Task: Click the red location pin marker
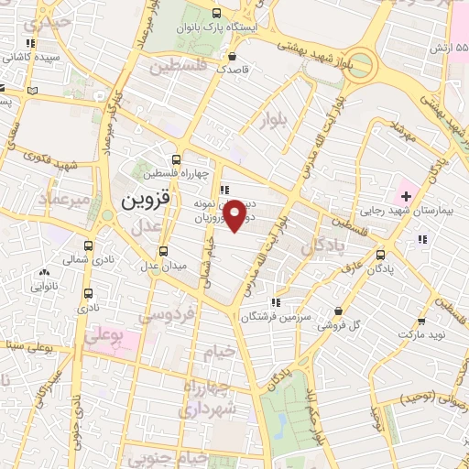pos(236,215)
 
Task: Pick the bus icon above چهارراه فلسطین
pos(176,158)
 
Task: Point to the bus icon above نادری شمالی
pos(89,245)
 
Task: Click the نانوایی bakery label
pos(43,285)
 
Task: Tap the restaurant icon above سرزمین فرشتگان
pos(274,301)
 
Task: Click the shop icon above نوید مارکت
pos(420,322)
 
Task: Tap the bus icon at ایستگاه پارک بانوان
pos(216,13)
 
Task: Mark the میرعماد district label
pos(64,198)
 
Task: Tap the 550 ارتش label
pos(450,47)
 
